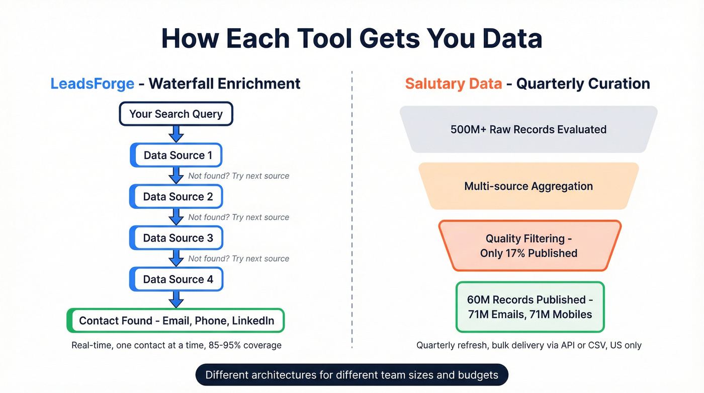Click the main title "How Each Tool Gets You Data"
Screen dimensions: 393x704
(351, 38)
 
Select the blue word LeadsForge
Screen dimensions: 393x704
(92, 84)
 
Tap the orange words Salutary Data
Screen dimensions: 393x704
(453, 84)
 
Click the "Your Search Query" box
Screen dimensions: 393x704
(176, 114)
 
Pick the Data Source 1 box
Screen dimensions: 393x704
(177, 155)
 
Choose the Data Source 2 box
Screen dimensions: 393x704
(177, 196)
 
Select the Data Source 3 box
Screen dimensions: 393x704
(177, 238)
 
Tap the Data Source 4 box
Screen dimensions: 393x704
(177, 279)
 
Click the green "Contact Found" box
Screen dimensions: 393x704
(176, 321)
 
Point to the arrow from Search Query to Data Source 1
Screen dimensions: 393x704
(176, 134)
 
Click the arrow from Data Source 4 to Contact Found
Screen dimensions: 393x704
(176, 299)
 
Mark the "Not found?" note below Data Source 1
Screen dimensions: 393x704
(238, 176)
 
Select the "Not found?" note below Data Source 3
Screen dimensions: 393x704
(238, 259)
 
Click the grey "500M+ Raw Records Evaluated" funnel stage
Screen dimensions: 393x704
(529, 129)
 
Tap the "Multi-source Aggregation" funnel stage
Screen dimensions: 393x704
(529, 186)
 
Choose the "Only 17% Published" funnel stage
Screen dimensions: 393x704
(529, 246)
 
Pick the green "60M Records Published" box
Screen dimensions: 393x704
(530, 307)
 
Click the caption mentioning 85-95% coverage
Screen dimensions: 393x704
(176, 345)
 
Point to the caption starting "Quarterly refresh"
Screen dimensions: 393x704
(529, 345)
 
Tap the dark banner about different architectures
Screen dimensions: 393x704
(351, 375)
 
